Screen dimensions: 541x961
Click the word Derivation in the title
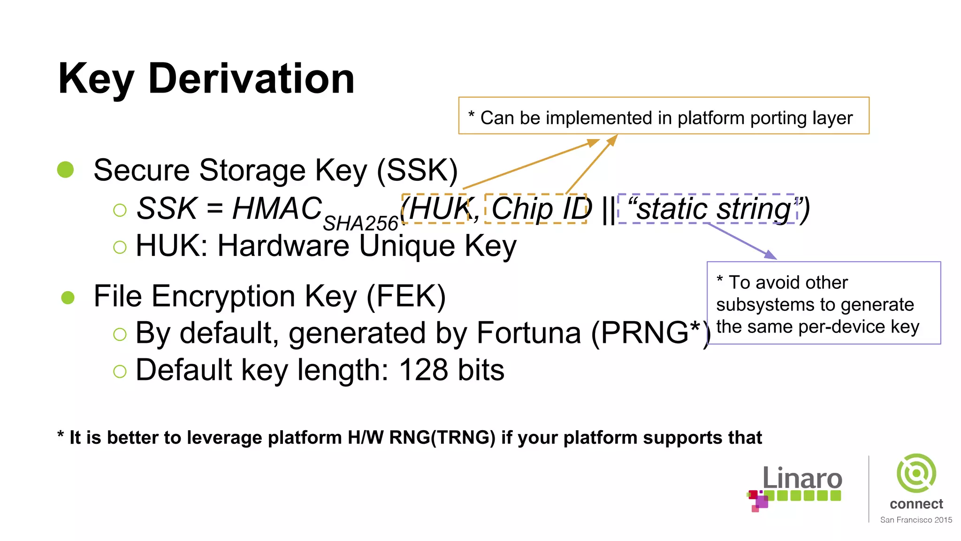[x=251, y=79]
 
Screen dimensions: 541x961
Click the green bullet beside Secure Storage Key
[x=66, y=170]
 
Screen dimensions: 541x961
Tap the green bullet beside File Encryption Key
[x=68, y=297]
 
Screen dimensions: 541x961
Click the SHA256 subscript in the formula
[x=360, y=224]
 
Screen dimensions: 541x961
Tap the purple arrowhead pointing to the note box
[x=770, y=255]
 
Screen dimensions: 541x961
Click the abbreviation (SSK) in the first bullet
[x=417, y=170]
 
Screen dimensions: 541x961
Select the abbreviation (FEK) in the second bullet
[x=406, y=296]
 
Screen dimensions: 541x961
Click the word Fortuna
[x=529, y=333]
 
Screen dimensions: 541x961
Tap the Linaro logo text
[x=802, y=479]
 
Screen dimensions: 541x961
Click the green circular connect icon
[x=916, y=473]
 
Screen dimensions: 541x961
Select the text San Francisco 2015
[x=916, y=520]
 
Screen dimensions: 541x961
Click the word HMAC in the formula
[x=277, y=209]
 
